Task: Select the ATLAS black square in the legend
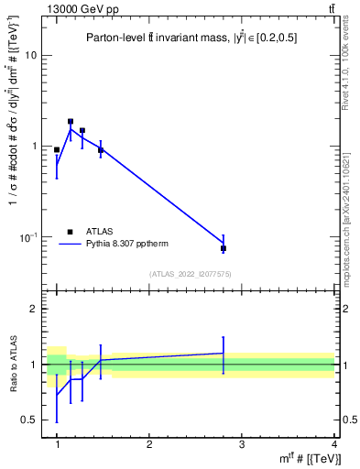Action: point(70,232)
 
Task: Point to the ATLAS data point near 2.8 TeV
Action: point(224,248)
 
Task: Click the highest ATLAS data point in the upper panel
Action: point(71,121)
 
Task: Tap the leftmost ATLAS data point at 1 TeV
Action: point(57,149)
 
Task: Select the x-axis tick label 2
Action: point(149,444)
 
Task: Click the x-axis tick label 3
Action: point(242,444)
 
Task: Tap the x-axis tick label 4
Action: point(334,444)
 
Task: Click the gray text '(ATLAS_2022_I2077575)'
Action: point(191,274)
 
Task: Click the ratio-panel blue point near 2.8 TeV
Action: point(224,353)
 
